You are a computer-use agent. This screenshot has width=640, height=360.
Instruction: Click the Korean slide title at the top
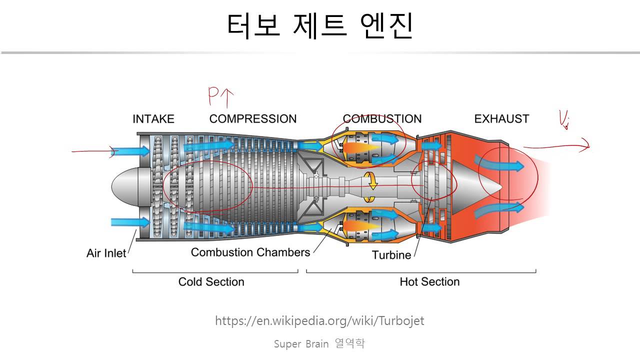tap(320, 26)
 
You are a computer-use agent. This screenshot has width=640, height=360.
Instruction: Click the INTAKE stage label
tap(153, 119)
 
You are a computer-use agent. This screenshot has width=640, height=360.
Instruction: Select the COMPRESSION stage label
tap(253, 119)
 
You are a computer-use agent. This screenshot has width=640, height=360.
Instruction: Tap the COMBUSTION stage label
tap(382, 119)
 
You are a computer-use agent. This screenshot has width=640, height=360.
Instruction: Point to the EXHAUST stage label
tap(501, 119)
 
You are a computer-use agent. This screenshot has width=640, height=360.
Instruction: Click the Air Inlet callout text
tap(106, 253)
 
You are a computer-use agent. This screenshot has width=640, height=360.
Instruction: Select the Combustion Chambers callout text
tap(250, 252)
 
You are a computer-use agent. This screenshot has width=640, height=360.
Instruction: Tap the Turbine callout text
tap(391, 255)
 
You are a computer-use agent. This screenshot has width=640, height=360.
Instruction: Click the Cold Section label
tap(211, 282)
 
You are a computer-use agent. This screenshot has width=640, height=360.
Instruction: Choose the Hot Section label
tap(429, 282)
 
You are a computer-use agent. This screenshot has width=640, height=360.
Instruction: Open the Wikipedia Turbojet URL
tap(319, 320)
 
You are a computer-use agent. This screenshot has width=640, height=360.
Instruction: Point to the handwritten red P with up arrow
tap(220, 97)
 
